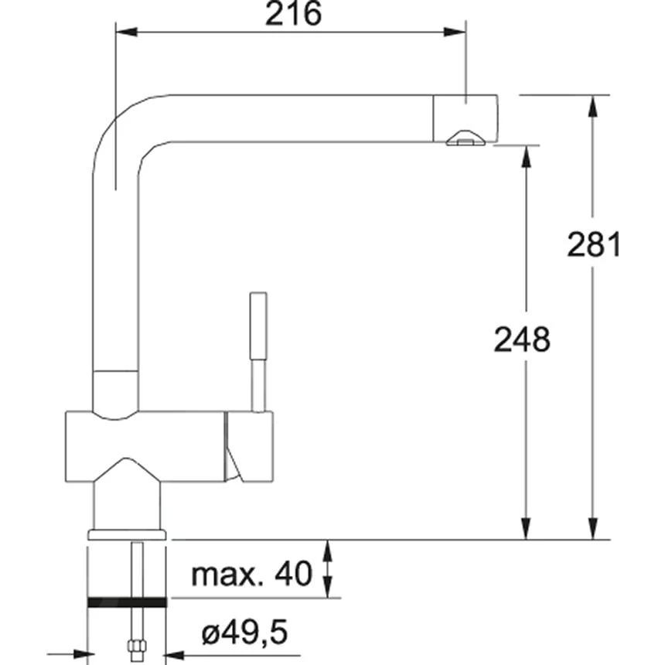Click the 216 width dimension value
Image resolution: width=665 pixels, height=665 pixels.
[292, 15]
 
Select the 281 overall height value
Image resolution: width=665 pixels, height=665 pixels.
[594, 245]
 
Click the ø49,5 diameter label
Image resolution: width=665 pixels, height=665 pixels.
[244, 634]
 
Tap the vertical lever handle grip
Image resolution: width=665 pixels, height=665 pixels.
[258, 325]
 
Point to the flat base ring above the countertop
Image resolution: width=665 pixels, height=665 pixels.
[127, 534]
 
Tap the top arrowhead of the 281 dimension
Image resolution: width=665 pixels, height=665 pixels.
[593, 105]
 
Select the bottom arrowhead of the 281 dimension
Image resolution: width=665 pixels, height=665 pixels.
[593, 530]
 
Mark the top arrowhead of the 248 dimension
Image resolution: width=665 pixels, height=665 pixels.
[527, 155]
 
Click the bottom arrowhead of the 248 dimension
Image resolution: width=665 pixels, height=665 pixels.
[527, 530]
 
